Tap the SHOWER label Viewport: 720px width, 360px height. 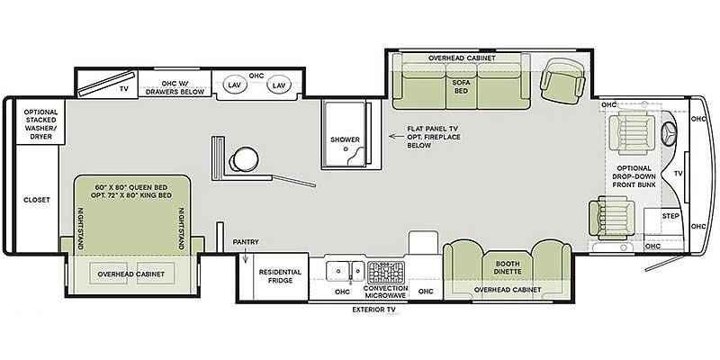(x=345, y=139)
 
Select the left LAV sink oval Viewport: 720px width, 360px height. (x=235, y=85)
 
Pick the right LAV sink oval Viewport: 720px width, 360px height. (x=279, y=85)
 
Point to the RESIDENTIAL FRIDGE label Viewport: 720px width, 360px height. (x=280, y=276)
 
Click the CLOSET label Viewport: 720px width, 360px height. (x=37, y=200)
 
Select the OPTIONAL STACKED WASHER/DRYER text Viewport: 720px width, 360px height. (x=40, y=124)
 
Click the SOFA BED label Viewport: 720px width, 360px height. (x=461, y=86)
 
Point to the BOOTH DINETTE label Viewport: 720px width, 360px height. (x=508, y=267)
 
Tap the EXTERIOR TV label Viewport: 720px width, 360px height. (x=373, y=310)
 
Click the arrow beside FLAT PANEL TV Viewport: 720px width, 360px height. (x=393, y=137)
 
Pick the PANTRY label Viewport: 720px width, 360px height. (x=246, y=242)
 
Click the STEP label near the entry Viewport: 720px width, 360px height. (x=670, y=216)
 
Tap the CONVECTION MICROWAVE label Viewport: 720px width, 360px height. (x=385, y=292)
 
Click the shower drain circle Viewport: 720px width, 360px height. (x=346, y=148)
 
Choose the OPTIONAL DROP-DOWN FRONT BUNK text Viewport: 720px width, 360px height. (x=634, y=176)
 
